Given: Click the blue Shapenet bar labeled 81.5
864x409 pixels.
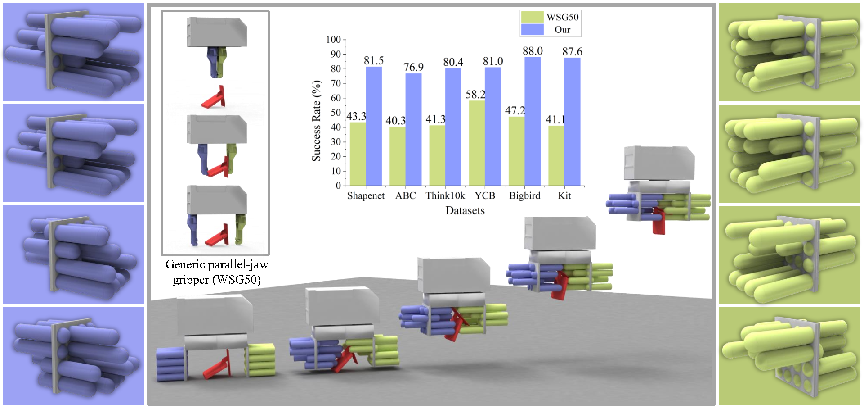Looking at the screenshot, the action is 374,126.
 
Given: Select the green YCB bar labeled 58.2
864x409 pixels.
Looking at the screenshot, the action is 477,143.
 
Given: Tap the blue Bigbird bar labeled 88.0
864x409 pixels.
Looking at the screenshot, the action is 533,122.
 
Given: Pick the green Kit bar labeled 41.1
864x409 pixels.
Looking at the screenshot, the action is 556,156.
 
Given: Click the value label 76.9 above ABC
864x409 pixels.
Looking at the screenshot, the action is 413,67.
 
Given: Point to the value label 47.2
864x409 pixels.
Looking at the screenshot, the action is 515,110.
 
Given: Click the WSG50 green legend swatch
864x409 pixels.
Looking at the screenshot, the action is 532,17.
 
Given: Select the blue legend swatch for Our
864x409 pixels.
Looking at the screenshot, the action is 532,29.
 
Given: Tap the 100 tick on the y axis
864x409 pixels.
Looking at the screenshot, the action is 333,40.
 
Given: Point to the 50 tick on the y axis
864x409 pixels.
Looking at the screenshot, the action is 336,113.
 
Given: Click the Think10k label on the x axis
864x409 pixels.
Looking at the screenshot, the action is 445,195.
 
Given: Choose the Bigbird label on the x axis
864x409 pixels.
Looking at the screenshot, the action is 524,195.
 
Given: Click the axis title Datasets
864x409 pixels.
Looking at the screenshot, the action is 465,210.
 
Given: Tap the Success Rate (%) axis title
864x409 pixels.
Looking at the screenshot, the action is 317,121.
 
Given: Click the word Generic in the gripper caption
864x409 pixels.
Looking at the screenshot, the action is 184,264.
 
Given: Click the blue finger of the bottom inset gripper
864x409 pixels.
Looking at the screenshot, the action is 192,229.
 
